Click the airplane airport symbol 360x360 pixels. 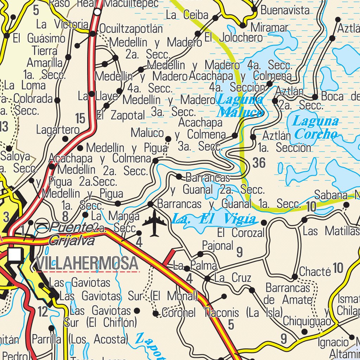pyautogui.click(x=154, y=223)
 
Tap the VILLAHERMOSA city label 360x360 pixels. pyautogui.click(x=87, y=263)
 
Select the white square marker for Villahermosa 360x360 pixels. pyautogui.click(x=14, y=255)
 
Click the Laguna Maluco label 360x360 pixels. pyautogui.click(x=240, y=106)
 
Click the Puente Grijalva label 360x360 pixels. pyautogui.click(x=72, y=233)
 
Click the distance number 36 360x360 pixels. pyautogui.click(x=259, y=163)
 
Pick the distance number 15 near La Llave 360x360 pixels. pyautogui.click(x=80, y=119)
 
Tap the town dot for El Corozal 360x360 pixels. pyautogui.click(x=264, y=222)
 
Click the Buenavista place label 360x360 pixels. pyautogui.click(x=285, y=11)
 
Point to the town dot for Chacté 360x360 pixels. pyautogui.click(x=295, y=277)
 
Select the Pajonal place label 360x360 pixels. pyautogui.click(x=217, y=246)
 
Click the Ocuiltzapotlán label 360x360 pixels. pyautogui.click(x=131, y=29)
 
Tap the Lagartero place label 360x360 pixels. pyautogui.click(x=58, y=130)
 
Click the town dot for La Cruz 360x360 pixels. pyautogui.click(x=207, y=279)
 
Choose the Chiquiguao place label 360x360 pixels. pyautogui.click(x=307, y=321)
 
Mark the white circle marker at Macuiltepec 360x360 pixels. pyautogui.click(x=97, y=12)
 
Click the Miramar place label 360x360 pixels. pyautogui.click(x=270, y=27)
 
